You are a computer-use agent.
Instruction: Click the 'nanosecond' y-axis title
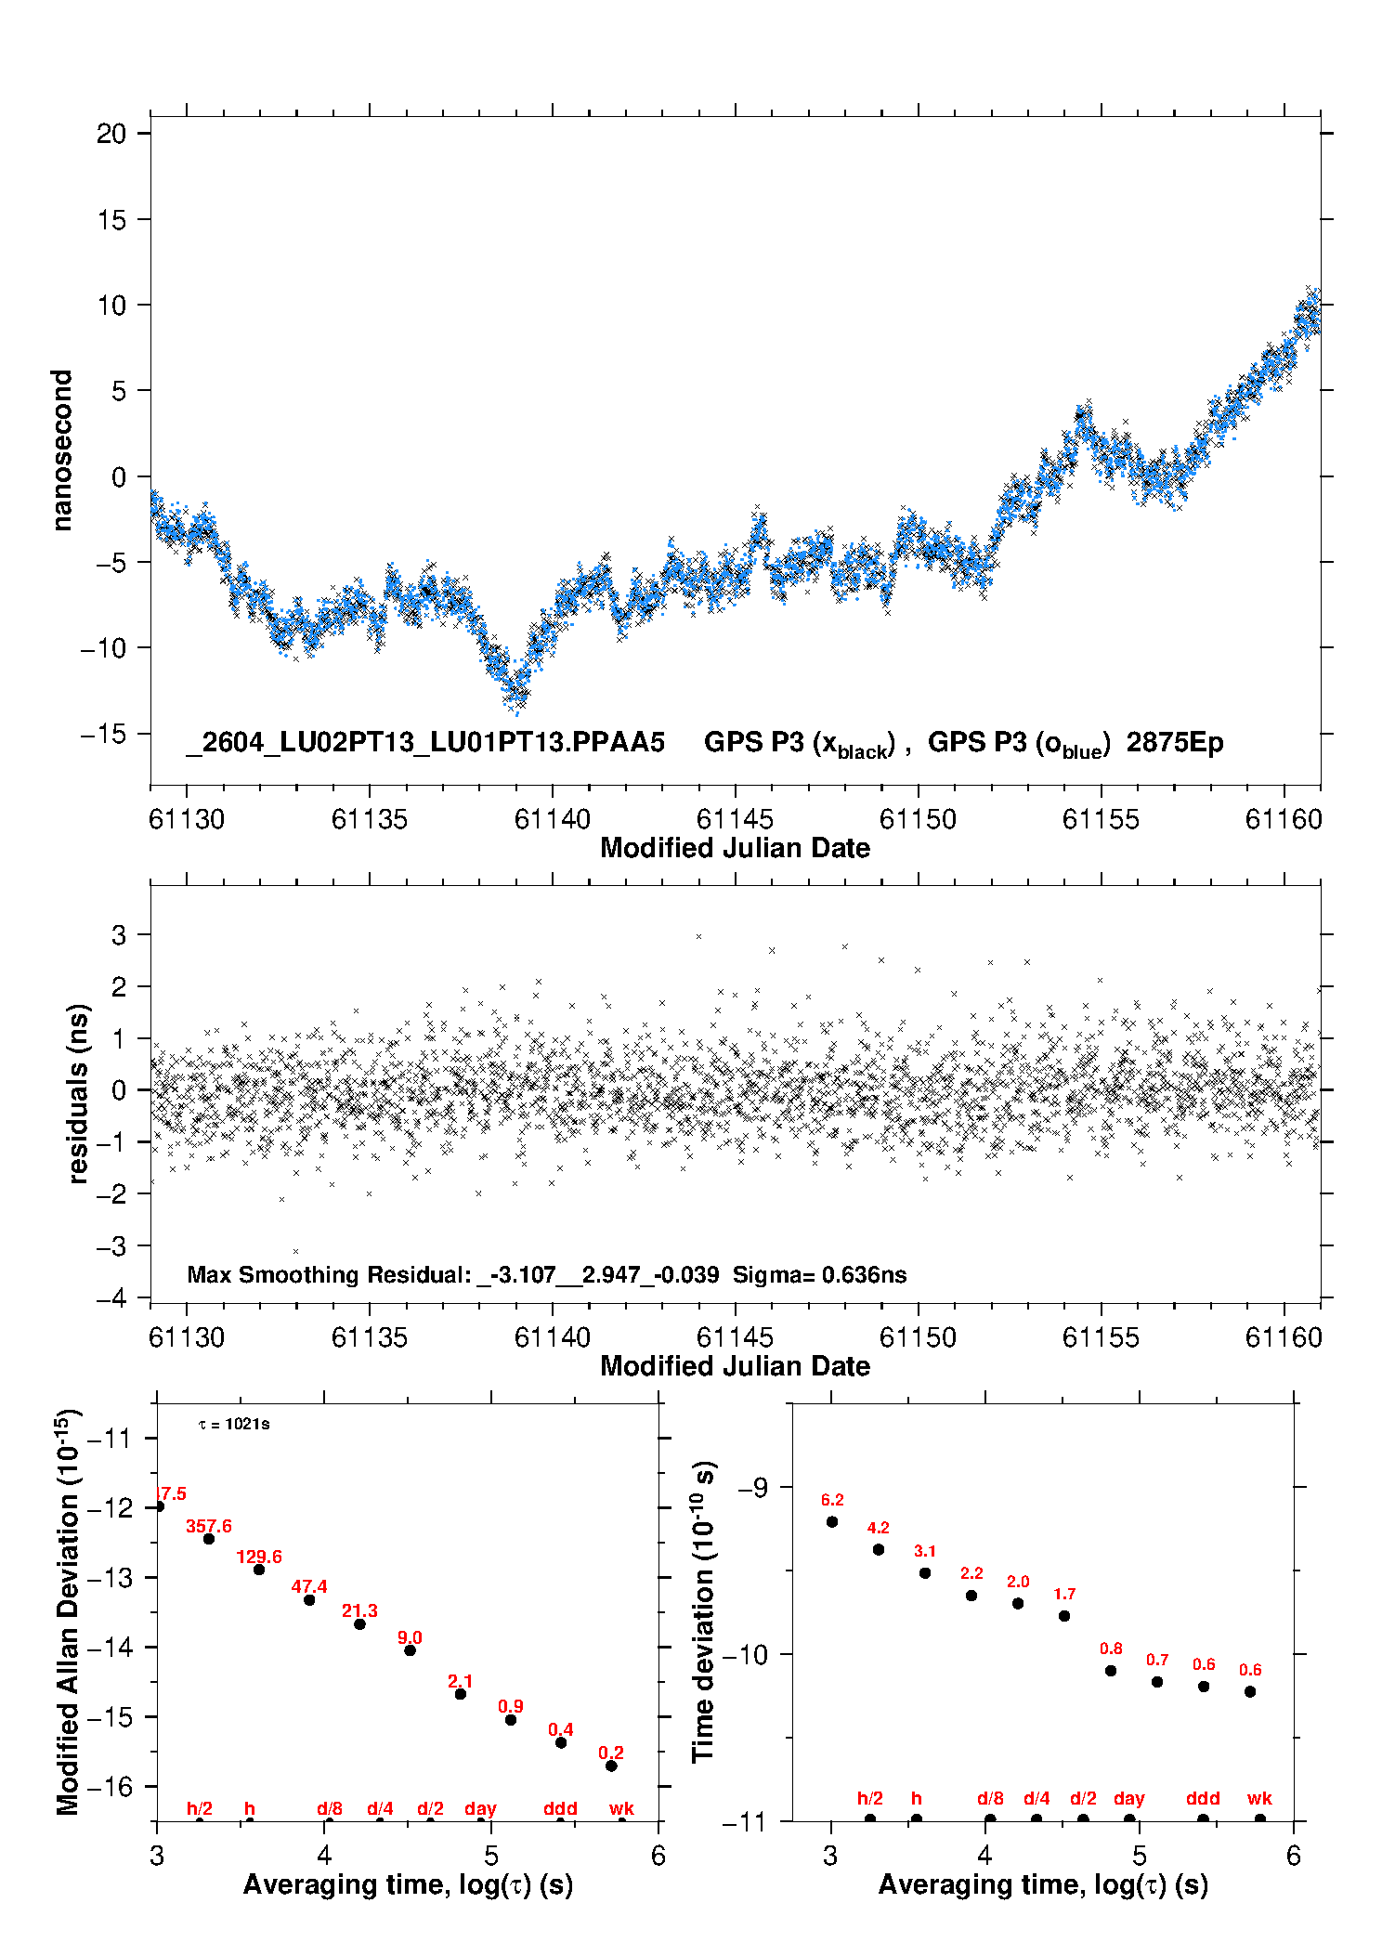[62, 450]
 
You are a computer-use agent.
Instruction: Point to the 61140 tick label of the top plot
[552, 819]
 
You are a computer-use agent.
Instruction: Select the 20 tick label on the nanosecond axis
[111, 134]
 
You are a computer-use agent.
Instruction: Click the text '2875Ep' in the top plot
[1175, 743]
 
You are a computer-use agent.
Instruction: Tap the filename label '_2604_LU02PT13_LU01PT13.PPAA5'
[425, 743]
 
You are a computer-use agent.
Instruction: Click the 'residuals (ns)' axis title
[79, 1093]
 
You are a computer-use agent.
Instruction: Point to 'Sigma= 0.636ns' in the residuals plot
[819, 1274]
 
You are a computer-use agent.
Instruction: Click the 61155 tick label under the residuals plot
[1101, 1337]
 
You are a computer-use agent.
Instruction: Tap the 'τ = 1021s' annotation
[234, 1424]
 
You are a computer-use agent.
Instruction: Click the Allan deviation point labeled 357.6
[209, 1539]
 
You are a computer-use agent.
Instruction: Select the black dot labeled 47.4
[309, 1599]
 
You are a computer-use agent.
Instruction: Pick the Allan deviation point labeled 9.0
[410, 1650]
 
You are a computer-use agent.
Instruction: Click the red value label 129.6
[259, 1557]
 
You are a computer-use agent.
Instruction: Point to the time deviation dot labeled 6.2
[832, 1521]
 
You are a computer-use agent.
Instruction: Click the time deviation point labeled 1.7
[1064, 1616]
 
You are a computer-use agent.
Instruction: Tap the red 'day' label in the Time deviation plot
[1129, 1799]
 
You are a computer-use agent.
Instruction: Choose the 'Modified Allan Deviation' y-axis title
[68, 1612]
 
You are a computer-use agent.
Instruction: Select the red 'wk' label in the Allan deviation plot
[621, 1808]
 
